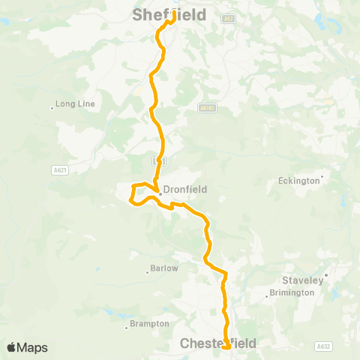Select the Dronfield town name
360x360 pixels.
coord(186,190)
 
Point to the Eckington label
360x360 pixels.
coord(298,180)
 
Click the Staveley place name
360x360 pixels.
coord(302,280)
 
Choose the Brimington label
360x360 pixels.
coord(291,292)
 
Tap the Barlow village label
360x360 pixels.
coord(165,268)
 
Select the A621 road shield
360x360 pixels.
coord(60,171)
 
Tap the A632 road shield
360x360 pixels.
coord(323,346)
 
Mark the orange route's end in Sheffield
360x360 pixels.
coord(173,13)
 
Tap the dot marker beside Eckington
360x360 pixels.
coord(322,178)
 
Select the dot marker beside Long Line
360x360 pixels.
coord(52,106)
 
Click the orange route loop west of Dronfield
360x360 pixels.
coord(133,193)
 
